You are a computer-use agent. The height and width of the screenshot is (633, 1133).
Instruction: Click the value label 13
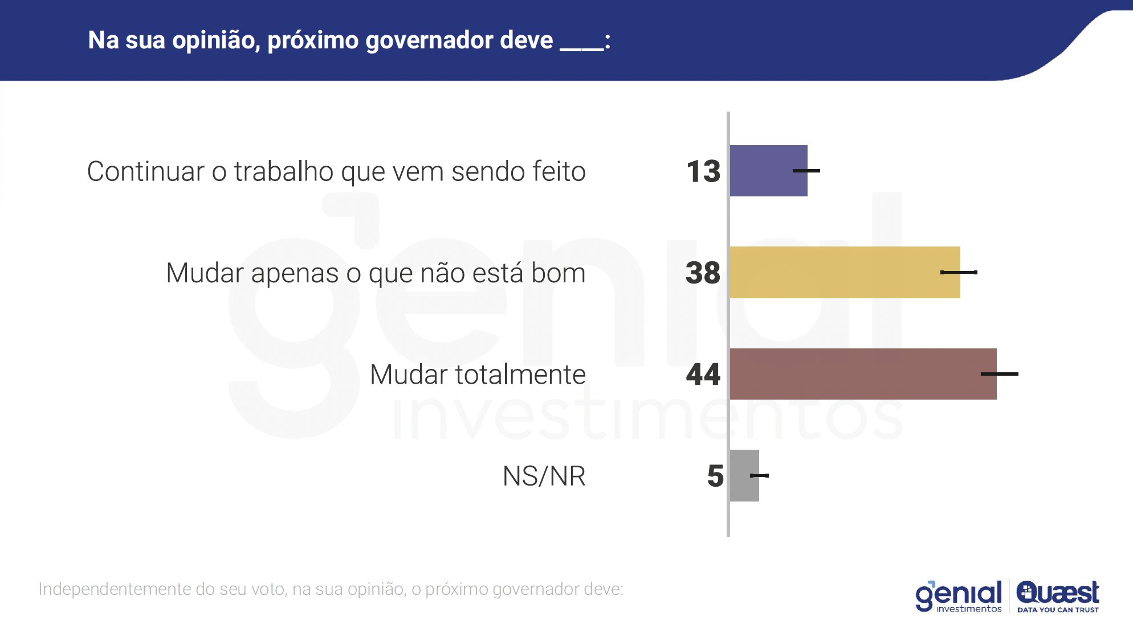tap(703, 171)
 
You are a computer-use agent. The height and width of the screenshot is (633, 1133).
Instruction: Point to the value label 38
tap(703, 273)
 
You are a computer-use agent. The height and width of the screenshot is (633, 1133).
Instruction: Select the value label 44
tap(703, 375)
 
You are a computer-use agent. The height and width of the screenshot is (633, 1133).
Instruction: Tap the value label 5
tap(715, 476)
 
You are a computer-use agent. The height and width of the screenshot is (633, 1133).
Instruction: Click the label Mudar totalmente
tap(478, 375)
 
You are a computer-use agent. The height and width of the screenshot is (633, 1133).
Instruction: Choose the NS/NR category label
tap(544, 476)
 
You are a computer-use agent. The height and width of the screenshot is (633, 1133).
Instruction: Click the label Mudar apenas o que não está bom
tap(376, 273)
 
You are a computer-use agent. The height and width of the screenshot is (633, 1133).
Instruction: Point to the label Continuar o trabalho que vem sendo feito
tap(336, 171)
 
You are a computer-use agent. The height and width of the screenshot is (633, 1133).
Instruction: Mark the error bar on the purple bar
tap(806, 171)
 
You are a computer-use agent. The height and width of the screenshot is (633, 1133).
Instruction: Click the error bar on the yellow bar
tap(959, 273)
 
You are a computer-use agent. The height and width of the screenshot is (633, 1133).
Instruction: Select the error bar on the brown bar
tap(999, 374)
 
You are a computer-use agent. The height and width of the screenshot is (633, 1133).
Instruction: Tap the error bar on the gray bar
tap(759, 475)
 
